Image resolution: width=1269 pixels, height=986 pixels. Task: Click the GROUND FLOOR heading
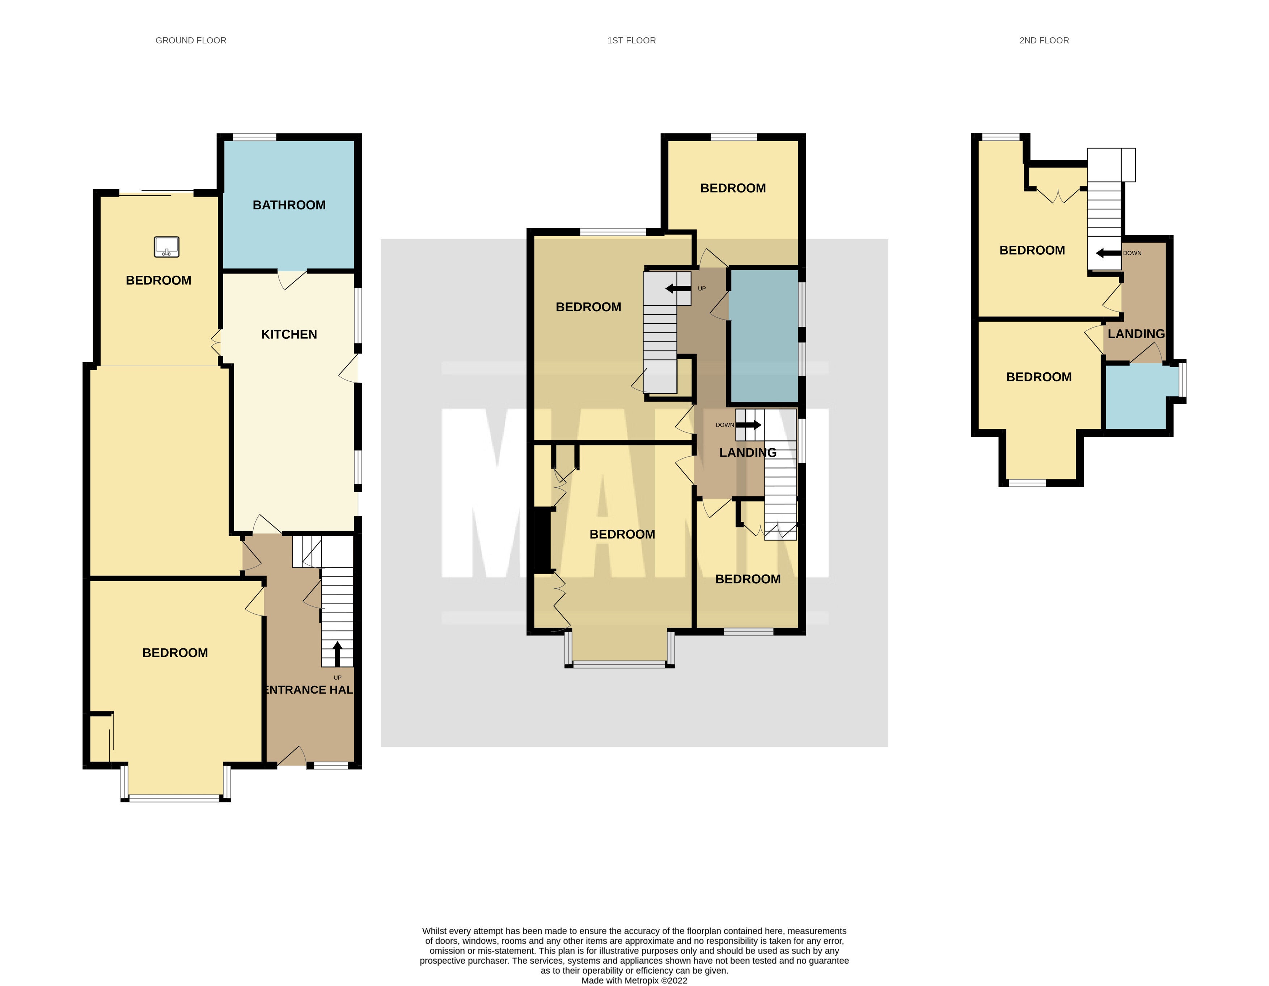pos(191,41)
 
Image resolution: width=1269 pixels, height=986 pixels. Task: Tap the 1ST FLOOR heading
pos(631,41)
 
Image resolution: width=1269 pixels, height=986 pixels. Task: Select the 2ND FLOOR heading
pos(1044,41)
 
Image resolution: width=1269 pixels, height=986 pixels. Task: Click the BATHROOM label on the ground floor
pos(289,205)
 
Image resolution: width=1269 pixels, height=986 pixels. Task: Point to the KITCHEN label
pos(289,335)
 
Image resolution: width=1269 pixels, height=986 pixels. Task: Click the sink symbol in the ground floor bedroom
pos(167,247)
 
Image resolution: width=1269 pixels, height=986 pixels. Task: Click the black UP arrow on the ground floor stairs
pos(337,653)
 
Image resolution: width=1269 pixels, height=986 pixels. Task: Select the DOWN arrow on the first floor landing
pos(748,425)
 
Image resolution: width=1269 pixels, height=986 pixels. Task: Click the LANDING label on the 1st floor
pos(748,453)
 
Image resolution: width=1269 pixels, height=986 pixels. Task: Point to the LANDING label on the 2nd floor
pos(1136,334)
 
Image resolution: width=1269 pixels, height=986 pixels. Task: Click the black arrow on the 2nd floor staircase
pos(1108,253)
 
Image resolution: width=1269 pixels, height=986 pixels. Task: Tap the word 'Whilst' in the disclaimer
pos(435,931)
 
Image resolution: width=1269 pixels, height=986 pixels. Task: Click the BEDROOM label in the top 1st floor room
pos(733,188)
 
